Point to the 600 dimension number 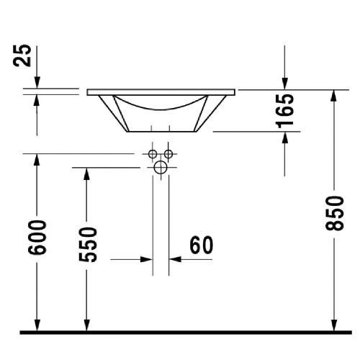click(37, 235)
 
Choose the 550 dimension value click(87, 244)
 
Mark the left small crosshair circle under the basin click(153, 154)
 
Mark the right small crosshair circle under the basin click(168, 154)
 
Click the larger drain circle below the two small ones click(161, 168)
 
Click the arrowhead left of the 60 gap click(147, 259)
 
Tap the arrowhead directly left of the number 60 click(175, 259)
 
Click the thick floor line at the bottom click(180, 333)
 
